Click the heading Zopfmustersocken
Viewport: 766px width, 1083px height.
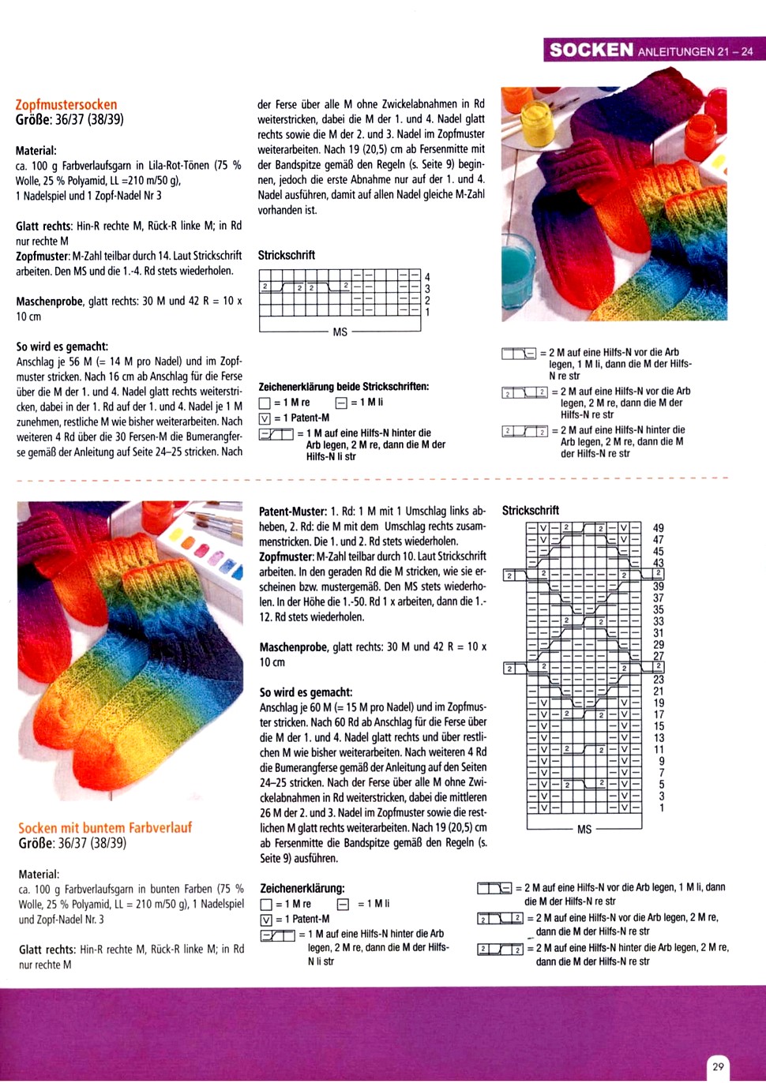[66, 104]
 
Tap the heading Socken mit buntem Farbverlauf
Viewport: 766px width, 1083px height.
[105, 827]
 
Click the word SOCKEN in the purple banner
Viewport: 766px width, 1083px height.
[591, 50]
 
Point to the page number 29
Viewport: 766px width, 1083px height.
[718, 1066]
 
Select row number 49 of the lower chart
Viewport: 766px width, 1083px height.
[659, 528]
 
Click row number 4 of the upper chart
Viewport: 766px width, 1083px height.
[427, 277]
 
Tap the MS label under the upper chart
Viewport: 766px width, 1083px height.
[340, 332]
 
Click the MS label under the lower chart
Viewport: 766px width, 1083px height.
[584, 830]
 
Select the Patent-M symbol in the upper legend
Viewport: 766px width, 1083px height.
[265, 418]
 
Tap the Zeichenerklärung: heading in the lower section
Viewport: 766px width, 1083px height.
[302, 888]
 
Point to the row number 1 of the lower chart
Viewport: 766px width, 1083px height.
[662, 808]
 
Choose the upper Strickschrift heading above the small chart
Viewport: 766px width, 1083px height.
[287, 255]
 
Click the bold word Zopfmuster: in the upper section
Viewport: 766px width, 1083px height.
[43, 256]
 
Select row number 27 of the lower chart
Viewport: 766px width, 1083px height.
[659, 656]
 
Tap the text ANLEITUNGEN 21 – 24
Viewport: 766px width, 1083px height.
[695, 51]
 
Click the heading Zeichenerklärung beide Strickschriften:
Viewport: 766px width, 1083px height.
[344, 387]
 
